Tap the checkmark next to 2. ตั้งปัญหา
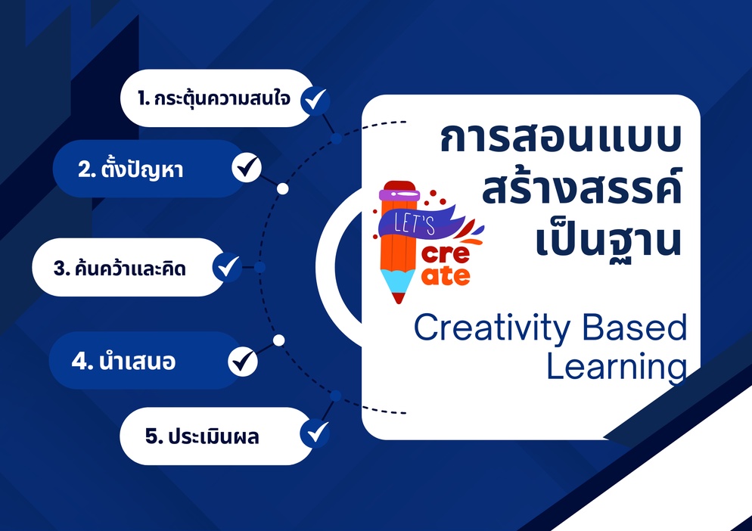pos(246,168)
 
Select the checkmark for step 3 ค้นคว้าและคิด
pos(228,267)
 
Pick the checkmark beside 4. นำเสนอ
pos(242,361)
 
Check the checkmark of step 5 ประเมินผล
pos(315,434)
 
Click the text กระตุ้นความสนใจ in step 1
pos(223,98)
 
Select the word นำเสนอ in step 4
pos(137,361)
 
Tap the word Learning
pos(617,368)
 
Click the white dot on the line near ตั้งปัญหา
pos(282,188)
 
